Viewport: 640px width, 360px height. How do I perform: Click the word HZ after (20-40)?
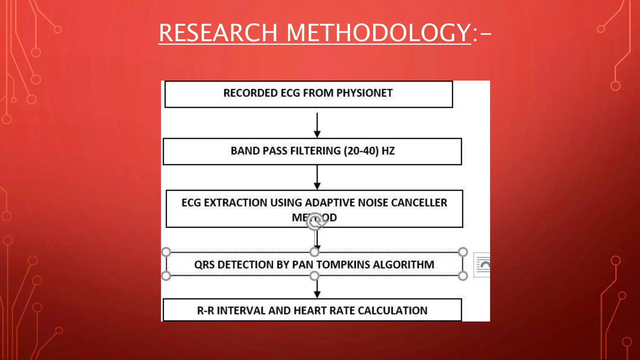point(388,151)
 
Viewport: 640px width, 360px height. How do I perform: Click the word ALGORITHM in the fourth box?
point(403,265)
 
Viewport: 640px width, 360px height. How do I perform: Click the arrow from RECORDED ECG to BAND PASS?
point(317,125)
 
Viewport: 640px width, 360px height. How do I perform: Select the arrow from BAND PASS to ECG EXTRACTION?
point(317,177)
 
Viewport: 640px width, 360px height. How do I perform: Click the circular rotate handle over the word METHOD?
point(314,221)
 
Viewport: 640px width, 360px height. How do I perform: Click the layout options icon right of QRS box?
point(482,265)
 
